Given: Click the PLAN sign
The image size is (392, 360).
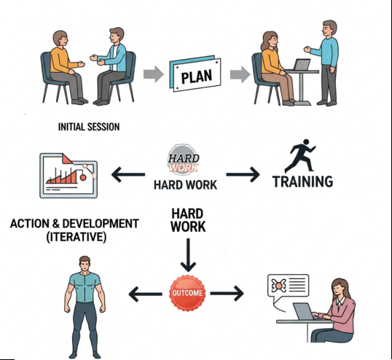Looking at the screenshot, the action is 195,74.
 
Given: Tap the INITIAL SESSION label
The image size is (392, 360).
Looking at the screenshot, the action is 89,127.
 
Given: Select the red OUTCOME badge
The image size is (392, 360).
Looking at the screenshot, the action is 187,293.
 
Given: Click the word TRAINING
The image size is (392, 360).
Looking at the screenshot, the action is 302,181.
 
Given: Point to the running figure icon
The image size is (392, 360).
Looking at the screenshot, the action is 300,156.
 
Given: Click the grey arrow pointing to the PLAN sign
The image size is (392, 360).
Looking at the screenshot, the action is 154,74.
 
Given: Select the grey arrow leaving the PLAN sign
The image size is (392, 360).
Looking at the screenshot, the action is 240,74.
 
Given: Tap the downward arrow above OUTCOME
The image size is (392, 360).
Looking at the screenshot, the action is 188,255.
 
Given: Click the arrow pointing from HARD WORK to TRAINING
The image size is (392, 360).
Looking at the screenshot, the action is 243,174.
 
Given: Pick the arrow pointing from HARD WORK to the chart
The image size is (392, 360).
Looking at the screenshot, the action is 128,174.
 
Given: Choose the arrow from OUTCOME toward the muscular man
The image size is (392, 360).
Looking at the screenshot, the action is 145,294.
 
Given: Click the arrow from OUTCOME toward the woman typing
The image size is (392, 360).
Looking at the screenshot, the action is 227,293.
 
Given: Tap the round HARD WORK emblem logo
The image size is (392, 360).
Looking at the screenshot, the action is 184,160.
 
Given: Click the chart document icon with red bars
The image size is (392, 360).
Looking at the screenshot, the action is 68,176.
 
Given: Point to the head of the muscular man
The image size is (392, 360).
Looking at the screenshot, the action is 85,264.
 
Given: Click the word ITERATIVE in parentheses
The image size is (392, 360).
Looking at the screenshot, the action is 77,237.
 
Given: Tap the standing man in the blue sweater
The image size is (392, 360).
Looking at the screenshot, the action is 324,63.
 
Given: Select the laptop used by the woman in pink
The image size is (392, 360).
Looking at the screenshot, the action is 305,311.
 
